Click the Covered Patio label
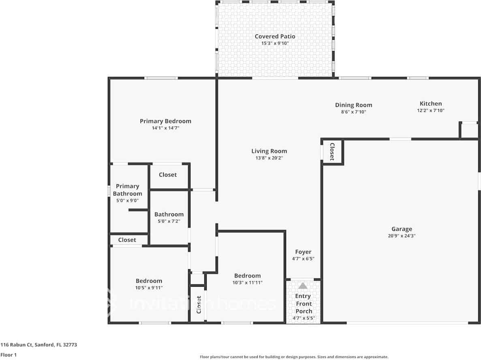tap(275, 36)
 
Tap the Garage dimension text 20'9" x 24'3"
tap(402, 236)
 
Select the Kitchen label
tap(431, 104)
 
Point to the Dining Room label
tap(353, 105)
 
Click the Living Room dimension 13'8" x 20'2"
tap(269, 158)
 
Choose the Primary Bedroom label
tap(165, 121)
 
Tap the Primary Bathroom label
tap(127, 190)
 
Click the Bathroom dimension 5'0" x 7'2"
tap(169, 221)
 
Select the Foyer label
tap(303, 252)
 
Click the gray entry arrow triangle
tap(303, 286)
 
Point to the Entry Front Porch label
tap(304, 304)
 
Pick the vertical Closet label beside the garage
tap(331, 151)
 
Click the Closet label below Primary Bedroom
tap(167, 175)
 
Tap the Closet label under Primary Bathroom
tap(127, 240)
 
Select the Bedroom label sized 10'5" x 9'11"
tap(149, 281)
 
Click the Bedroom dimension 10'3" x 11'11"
tap(247, 283)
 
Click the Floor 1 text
tap(8, 355)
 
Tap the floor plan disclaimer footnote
tap(294, 357)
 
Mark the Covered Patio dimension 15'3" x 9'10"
tap(275, 43)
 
